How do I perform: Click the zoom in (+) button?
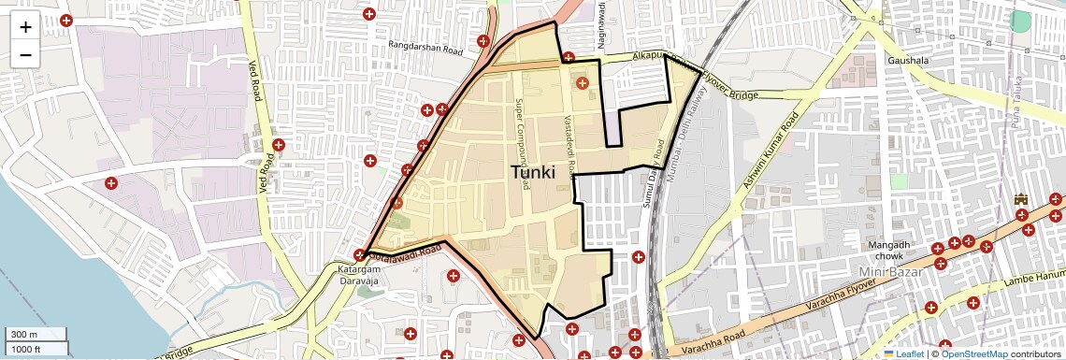point(25,26)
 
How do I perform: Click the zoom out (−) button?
point(25,54)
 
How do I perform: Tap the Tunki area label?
point(533,173)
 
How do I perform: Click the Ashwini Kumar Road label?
point(770,151)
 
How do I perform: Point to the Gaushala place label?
point(908,61)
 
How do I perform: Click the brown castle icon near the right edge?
point(1020,200)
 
